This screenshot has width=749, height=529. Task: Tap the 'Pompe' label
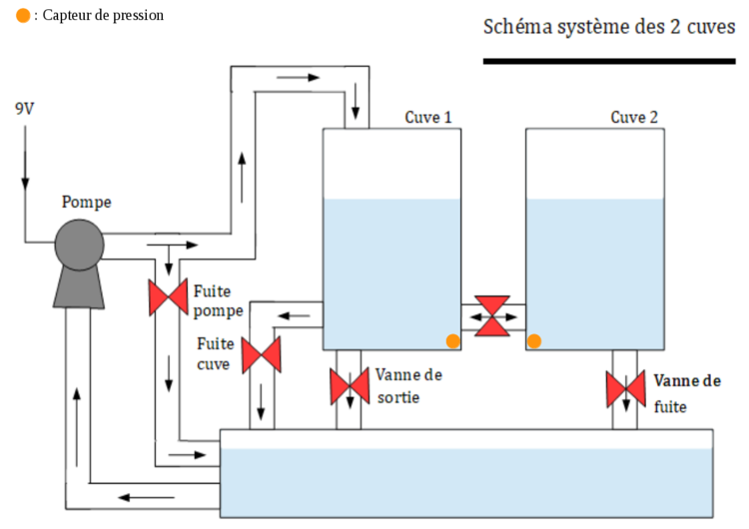pyautogui.click(x=87, y=202)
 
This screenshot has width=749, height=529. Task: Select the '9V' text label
pyautogui.click(x=25, y=108)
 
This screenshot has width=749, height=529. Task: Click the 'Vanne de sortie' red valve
pyautogui.click(x=350, y=386)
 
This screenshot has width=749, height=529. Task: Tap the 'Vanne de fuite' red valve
pyautogui.click(x=626, y=388)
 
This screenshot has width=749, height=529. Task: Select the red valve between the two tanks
pyautogui.click(x=492, y=316)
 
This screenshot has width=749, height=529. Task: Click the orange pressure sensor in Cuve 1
pyautogui.click(x=453, y=341)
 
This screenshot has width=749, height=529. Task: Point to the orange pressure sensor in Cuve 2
pyautogui.click(x=534, y=341)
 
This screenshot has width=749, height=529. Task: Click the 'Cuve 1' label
pyautogui.click(x=428, y=118)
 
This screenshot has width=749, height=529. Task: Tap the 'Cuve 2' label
pyautogui.click(x=634, y=118)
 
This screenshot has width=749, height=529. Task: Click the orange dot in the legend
pyautogui.click(x=23, y=16)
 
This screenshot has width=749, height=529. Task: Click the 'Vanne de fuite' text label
pyautogui.click(x=686, y=393)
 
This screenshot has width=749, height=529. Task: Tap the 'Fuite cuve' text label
pyautogui.click(x=215, y=353)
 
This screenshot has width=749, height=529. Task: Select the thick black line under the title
pyautogui.click(x=609, y=61)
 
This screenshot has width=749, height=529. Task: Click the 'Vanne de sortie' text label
pyautogui.click(x=408, y=386)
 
